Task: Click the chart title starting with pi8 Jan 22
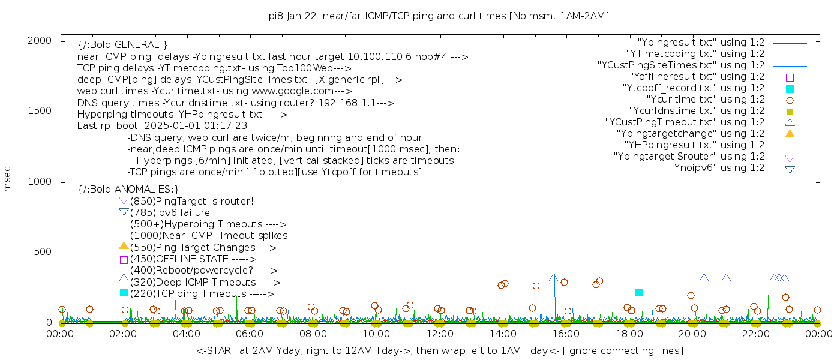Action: pyautogui.click(x=439, y=16)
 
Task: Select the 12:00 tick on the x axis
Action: pyautogui.click(x=440, y=333)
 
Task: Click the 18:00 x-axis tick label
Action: pyautogui.click(x=629, y=333)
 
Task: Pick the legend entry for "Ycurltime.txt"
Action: pyautogui.click(x=705, y=100)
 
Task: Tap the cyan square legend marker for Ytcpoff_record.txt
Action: pyautogui.click(x=790, y=89)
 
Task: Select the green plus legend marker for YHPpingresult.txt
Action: pyautogui.click(x=790, y=145)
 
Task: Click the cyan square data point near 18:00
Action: pyautogui.click(x=639, y=292)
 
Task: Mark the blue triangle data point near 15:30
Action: pyautogui.click(x=553, y=278)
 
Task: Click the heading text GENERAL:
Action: pyautogui.click(x=122, y=45)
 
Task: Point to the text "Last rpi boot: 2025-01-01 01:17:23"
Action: pyautogui.click(x=162, y=126)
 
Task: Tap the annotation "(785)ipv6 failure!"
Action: pyautogui.click(x=172, y=213)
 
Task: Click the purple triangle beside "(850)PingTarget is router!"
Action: pyautogui.click(x=124, y=200)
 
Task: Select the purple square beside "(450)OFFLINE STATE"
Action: pyautogui.click(x=124, y=260)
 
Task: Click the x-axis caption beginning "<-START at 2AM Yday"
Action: pyautogui.click(x=439, y=350)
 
